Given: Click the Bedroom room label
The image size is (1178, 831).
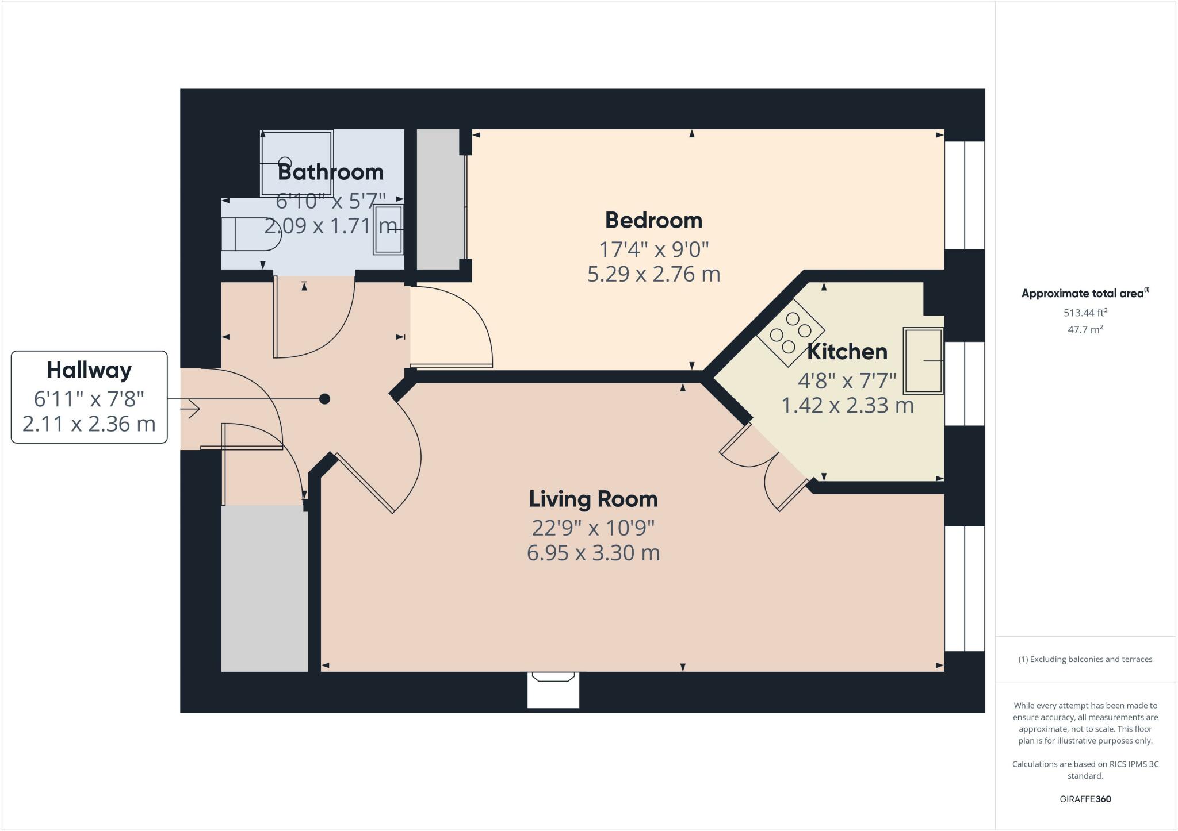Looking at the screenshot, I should [653, 221].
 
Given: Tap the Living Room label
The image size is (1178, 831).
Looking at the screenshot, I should [593, 499].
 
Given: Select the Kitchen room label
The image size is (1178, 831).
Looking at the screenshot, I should [847, 352].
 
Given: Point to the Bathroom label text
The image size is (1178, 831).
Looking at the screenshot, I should [330, 172].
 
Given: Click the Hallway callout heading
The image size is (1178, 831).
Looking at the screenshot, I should [89, 370].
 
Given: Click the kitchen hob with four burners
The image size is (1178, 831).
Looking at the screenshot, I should [790, 333].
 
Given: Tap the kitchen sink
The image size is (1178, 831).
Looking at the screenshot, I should [923, 360].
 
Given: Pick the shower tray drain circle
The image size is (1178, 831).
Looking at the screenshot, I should [285, 163].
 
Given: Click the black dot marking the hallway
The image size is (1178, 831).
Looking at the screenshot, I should [324, 399].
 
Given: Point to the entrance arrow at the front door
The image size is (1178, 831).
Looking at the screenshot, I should [190, 409].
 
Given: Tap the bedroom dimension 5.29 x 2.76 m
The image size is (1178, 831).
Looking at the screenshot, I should [653, 274].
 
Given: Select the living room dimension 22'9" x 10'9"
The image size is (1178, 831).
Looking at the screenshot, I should [593, 527].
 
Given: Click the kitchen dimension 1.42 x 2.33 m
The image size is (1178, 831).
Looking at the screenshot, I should [847, 406].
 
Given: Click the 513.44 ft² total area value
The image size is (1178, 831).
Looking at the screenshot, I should [1085, 313].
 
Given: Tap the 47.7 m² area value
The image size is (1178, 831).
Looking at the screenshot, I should [1085, 330].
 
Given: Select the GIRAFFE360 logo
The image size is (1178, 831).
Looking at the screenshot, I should [1085, 799].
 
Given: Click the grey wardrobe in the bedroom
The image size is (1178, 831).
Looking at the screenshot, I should [438, 199].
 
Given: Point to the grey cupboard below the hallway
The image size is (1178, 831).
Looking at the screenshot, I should [265, 587].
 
